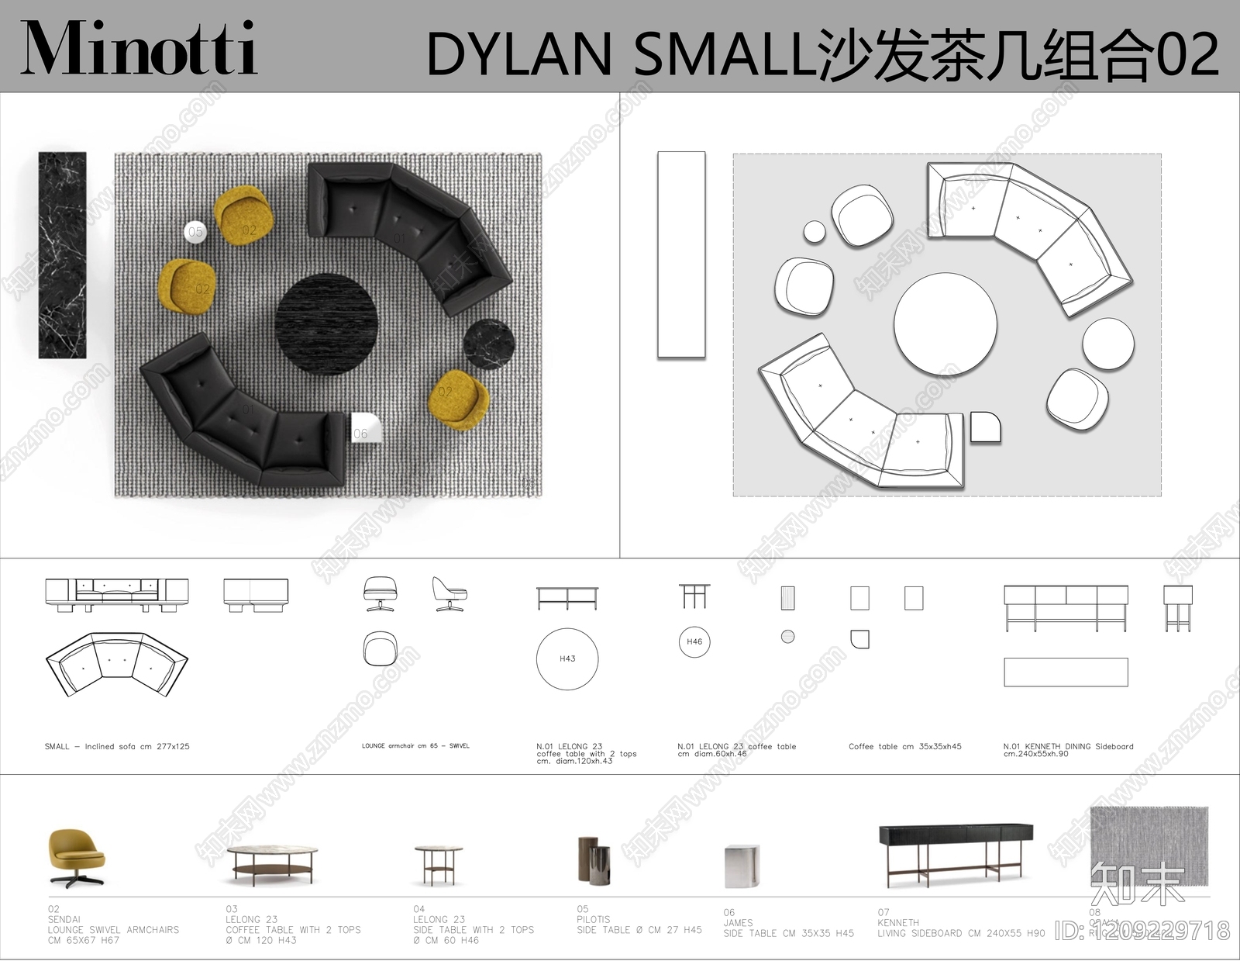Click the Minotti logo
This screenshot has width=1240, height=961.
pyautogui.click(x=139, y=48)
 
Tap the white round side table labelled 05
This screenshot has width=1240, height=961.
pyautogui.click(x=195, y=231)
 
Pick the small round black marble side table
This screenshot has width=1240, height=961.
pyautogui.click(x=490, y=344)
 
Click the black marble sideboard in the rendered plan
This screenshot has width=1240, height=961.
pyautogui.click(x=62, y=254)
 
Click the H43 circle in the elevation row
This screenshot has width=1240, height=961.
pyautogui.click(x=567, y=659)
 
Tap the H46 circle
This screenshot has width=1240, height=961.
pyautogui.click(x=694, y=641)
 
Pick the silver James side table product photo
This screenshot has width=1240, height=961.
pyautogui.click(x=742, y=866)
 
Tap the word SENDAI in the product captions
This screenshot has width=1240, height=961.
pyautogui.click(x=64, y=919)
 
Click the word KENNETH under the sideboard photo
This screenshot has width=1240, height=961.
pyautogui.click(x=898, y=923)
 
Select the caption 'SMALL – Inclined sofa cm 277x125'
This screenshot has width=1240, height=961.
pyautogui.click(x=117, y=746)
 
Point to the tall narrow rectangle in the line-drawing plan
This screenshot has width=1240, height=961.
pyautogui.click(x=681, y=254)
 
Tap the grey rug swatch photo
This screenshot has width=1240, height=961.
pyautogui.click(x=1149, y=844)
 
